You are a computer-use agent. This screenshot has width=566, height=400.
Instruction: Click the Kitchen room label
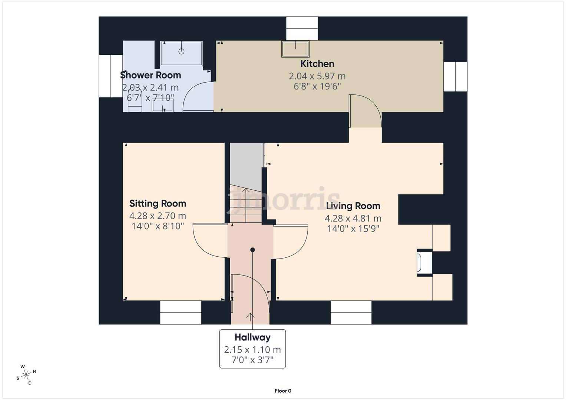[x=317, y=64]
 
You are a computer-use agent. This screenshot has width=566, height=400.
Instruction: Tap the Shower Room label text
[x=150, y=75]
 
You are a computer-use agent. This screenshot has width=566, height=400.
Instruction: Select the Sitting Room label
[x=158, y=203]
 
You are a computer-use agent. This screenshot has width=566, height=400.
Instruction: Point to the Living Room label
[x=353, y=206]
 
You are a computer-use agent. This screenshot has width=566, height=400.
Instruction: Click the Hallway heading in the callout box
[x=252, y=337]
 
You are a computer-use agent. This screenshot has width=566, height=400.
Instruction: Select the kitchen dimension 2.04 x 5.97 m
[x=317, y=76]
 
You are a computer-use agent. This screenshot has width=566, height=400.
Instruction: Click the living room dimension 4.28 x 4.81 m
[x=353, y=219]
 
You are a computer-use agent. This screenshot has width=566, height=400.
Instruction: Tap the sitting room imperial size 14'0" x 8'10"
[x=158, y=226]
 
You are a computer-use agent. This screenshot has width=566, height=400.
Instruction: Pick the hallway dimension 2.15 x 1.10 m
[x=252, y=350]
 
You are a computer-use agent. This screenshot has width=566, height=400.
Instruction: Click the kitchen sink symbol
[x=295, y=49]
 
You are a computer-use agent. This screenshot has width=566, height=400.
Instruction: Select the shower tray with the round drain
[x=181, y=53]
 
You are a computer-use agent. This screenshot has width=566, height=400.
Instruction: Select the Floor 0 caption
[x=283, y=391]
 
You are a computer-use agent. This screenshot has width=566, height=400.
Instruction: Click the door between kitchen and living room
[x=365, y=111]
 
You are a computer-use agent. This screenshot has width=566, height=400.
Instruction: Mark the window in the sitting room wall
[x=181, y=312]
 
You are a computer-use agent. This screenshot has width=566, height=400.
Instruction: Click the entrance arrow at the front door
[x=250, y=317]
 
